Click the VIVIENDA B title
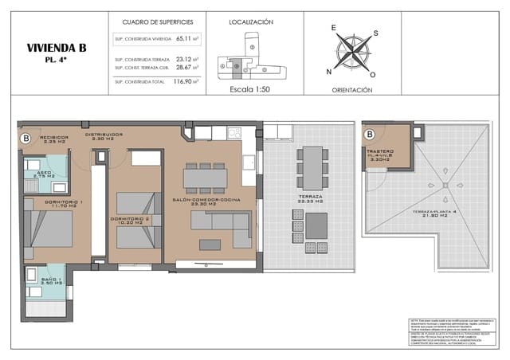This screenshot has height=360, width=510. click(56, 48)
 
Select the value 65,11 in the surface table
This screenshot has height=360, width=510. click(184, 38)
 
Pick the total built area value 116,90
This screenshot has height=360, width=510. click(184, 81)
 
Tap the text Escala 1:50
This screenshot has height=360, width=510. click(251, 90)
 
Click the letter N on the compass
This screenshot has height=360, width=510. click(328, 72)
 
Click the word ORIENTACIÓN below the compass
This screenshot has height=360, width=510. click(351, 91)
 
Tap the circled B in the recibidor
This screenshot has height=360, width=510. click(25, 138)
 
